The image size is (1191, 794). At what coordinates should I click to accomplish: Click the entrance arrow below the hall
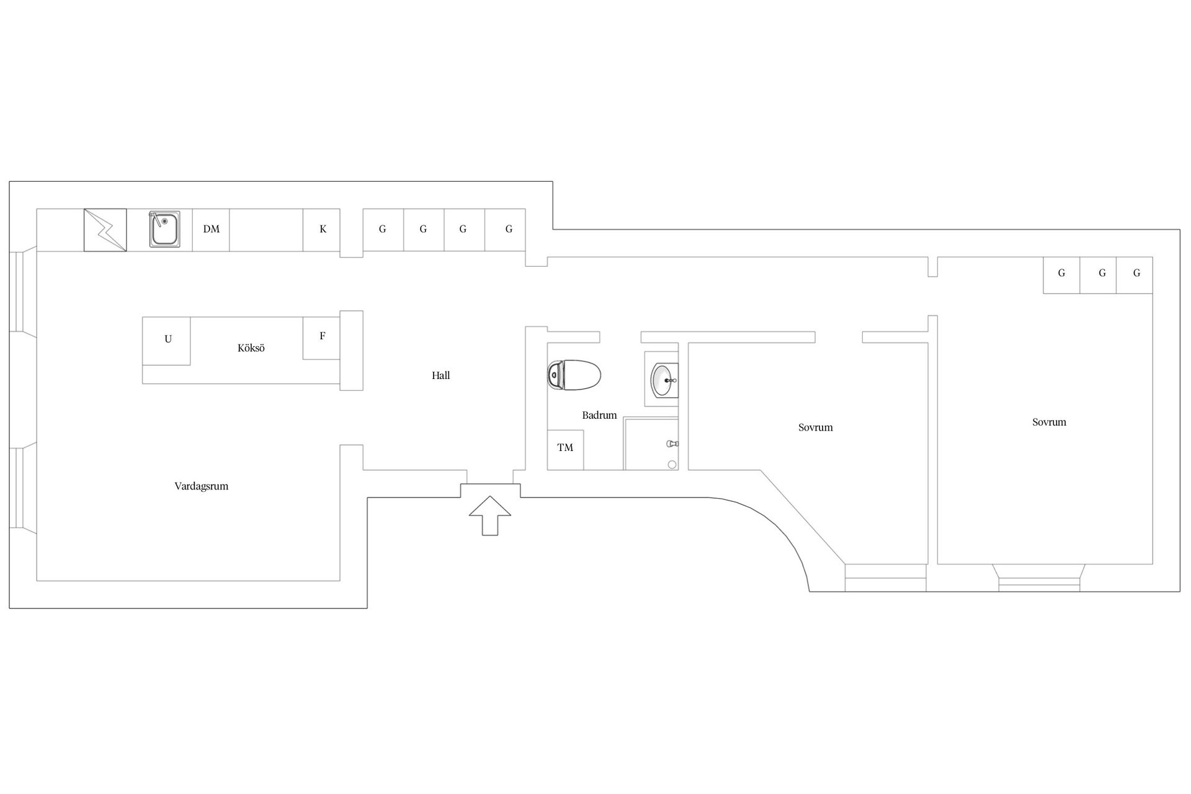[490, 515]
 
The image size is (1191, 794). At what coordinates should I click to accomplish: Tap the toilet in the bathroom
[574, 375]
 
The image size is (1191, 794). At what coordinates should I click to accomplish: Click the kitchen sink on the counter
[164, 229]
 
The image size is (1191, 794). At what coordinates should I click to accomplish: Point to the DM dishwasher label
[212, 229]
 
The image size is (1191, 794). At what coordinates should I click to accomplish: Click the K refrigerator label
[323, 229]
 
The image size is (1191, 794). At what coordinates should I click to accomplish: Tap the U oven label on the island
[167, 339]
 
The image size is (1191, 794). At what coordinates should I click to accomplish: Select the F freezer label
[322, 336]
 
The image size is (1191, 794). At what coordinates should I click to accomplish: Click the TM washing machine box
[565, 450]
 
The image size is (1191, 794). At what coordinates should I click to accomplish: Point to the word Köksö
[251, 348]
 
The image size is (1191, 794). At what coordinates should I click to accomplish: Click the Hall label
[441, 375]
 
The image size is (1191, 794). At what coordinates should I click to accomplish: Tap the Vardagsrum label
[202, 486]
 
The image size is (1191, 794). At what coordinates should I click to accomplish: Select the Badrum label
[599, 415]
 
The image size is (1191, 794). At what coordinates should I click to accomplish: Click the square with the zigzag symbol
[105, 230]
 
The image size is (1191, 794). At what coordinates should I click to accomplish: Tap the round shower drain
[672, 465]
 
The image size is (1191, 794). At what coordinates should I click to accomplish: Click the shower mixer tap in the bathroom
[672, 444]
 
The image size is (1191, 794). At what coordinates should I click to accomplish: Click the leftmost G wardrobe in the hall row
[383, 230]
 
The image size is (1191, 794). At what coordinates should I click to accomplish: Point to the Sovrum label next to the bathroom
[816, 427]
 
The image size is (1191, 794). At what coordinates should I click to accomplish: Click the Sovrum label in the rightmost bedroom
[1050, 422]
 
